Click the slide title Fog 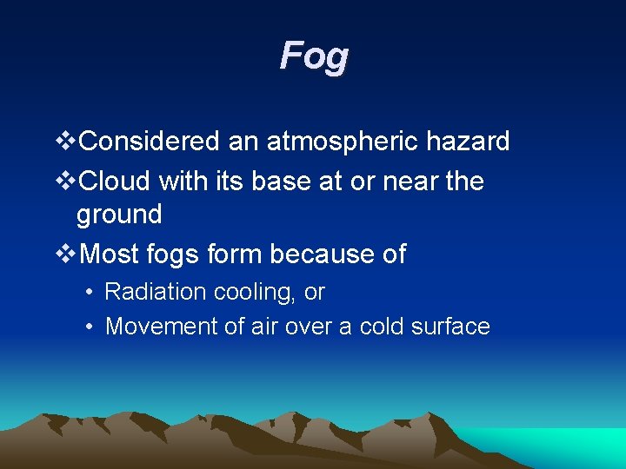click(x=314, y=57)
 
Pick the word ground click(x=119, y=215)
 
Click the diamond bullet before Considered click(x=66, y=142)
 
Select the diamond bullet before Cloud click(x=66, y=182)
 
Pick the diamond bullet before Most click(x=66, y=254)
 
